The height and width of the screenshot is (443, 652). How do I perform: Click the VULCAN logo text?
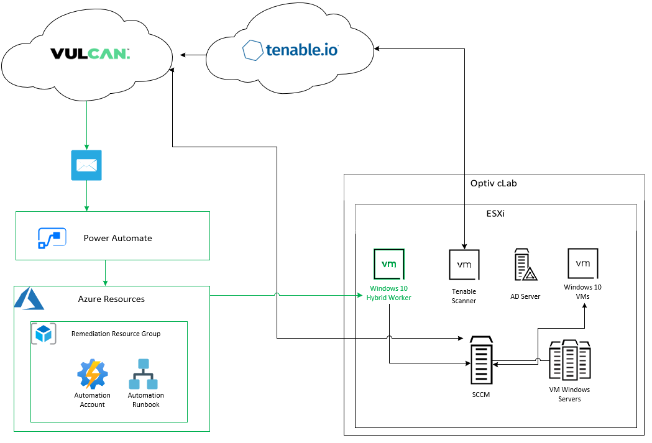click(x=90, y=54)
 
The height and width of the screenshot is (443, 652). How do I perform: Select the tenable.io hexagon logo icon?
click(x=252, y=50)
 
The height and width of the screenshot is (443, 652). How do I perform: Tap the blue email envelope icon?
click(x=86, y=165)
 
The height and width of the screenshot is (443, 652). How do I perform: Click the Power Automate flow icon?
click(x=52, y=238)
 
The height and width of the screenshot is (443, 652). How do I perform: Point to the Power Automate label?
click(x=117, y=238)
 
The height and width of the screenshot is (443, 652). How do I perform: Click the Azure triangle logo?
click(x=29, y=299)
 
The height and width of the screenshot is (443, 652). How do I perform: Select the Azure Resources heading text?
click(x=111, y=299)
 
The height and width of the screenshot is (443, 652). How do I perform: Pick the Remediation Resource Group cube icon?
click(x=44, y=334)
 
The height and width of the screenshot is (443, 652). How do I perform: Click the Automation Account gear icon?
click(x=93, y=374)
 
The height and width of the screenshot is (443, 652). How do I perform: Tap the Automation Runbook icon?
click(x=144, y=374)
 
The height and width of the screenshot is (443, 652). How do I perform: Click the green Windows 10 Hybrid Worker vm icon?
click(x=389, y=264)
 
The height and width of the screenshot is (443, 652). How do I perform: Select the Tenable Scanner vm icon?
click(x=464, y=265)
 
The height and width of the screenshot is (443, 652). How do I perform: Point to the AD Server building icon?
click(x=525, y=265)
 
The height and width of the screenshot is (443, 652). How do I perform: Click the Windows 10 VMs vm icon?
click(x=583, y=263)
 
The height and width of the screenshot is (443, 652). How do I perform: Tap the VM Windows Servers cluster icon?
click(x=569, y=360)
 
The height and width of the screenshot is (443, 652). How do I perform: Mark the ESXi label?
click(x=495, y=213)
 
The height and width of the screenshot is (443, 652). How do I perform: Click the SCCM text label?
click(x=480, y=395)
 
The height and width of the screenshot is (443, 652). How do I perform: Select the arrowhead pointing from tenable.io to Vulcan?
click(x=183, y=55)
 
